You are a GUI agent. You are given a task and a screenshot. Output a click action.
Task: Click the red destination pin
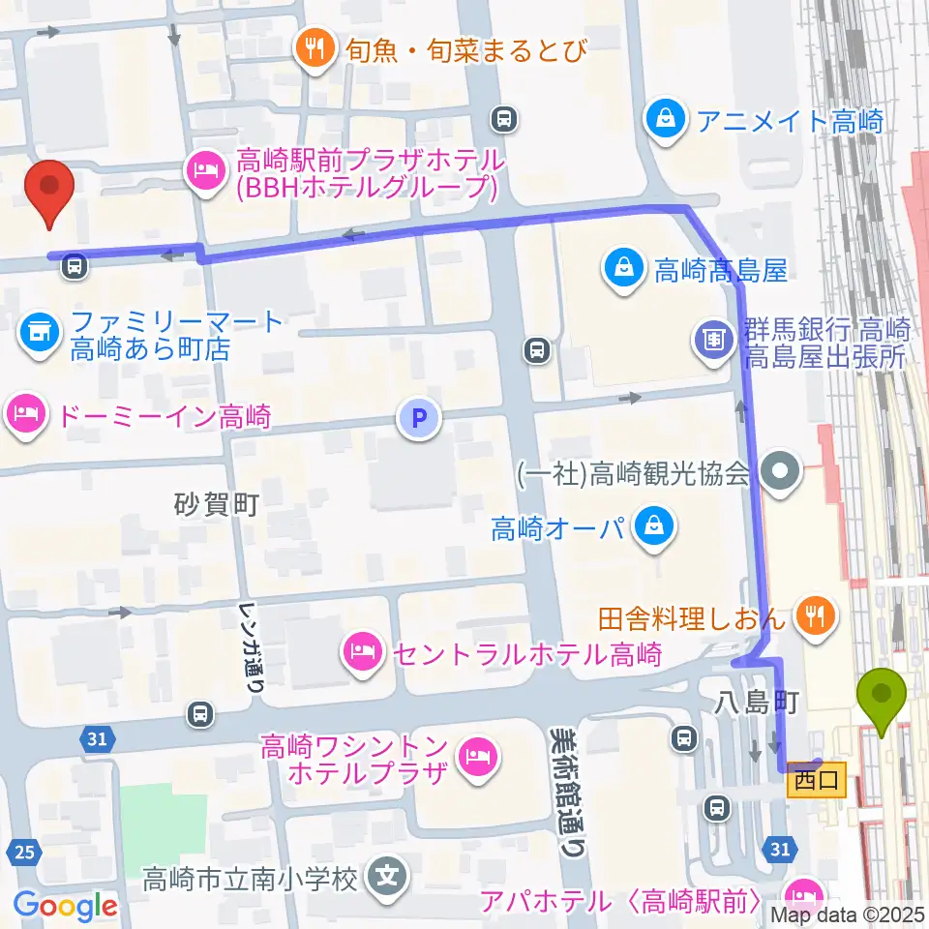pyautogui.click(x=52, y=189)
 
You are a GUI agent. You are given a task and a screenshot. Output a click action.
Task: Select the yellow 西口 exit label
pyautogui.click(x=817, y=778)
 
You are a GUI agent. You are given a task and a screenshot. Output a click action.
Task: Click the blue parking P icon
pyautogui.click(x=418, y=419)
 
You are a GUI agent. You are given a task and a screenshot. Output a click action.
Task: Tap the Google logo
pyautogui.click(x=65, y=906)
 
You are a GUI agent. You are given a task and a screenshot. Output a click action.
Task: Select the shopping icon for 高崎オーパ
pyautogui.click(x=654, y=527)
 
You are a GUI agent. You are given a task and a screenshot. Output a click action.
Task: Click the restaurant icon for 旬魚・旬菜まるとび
pyautogui.click(x=315, y=47)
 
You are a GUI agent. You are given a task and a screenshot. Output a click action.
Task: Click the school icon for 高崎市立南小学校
pyautogui.click(x=388, y=878)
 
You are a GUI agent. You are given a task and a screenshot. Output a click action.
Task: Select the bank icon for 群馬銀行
pyautogui.click(x=713, y=338)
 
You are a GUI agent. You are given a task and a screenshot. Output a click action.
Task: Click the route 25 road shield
pyautogui.click(x=24, y=853)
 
